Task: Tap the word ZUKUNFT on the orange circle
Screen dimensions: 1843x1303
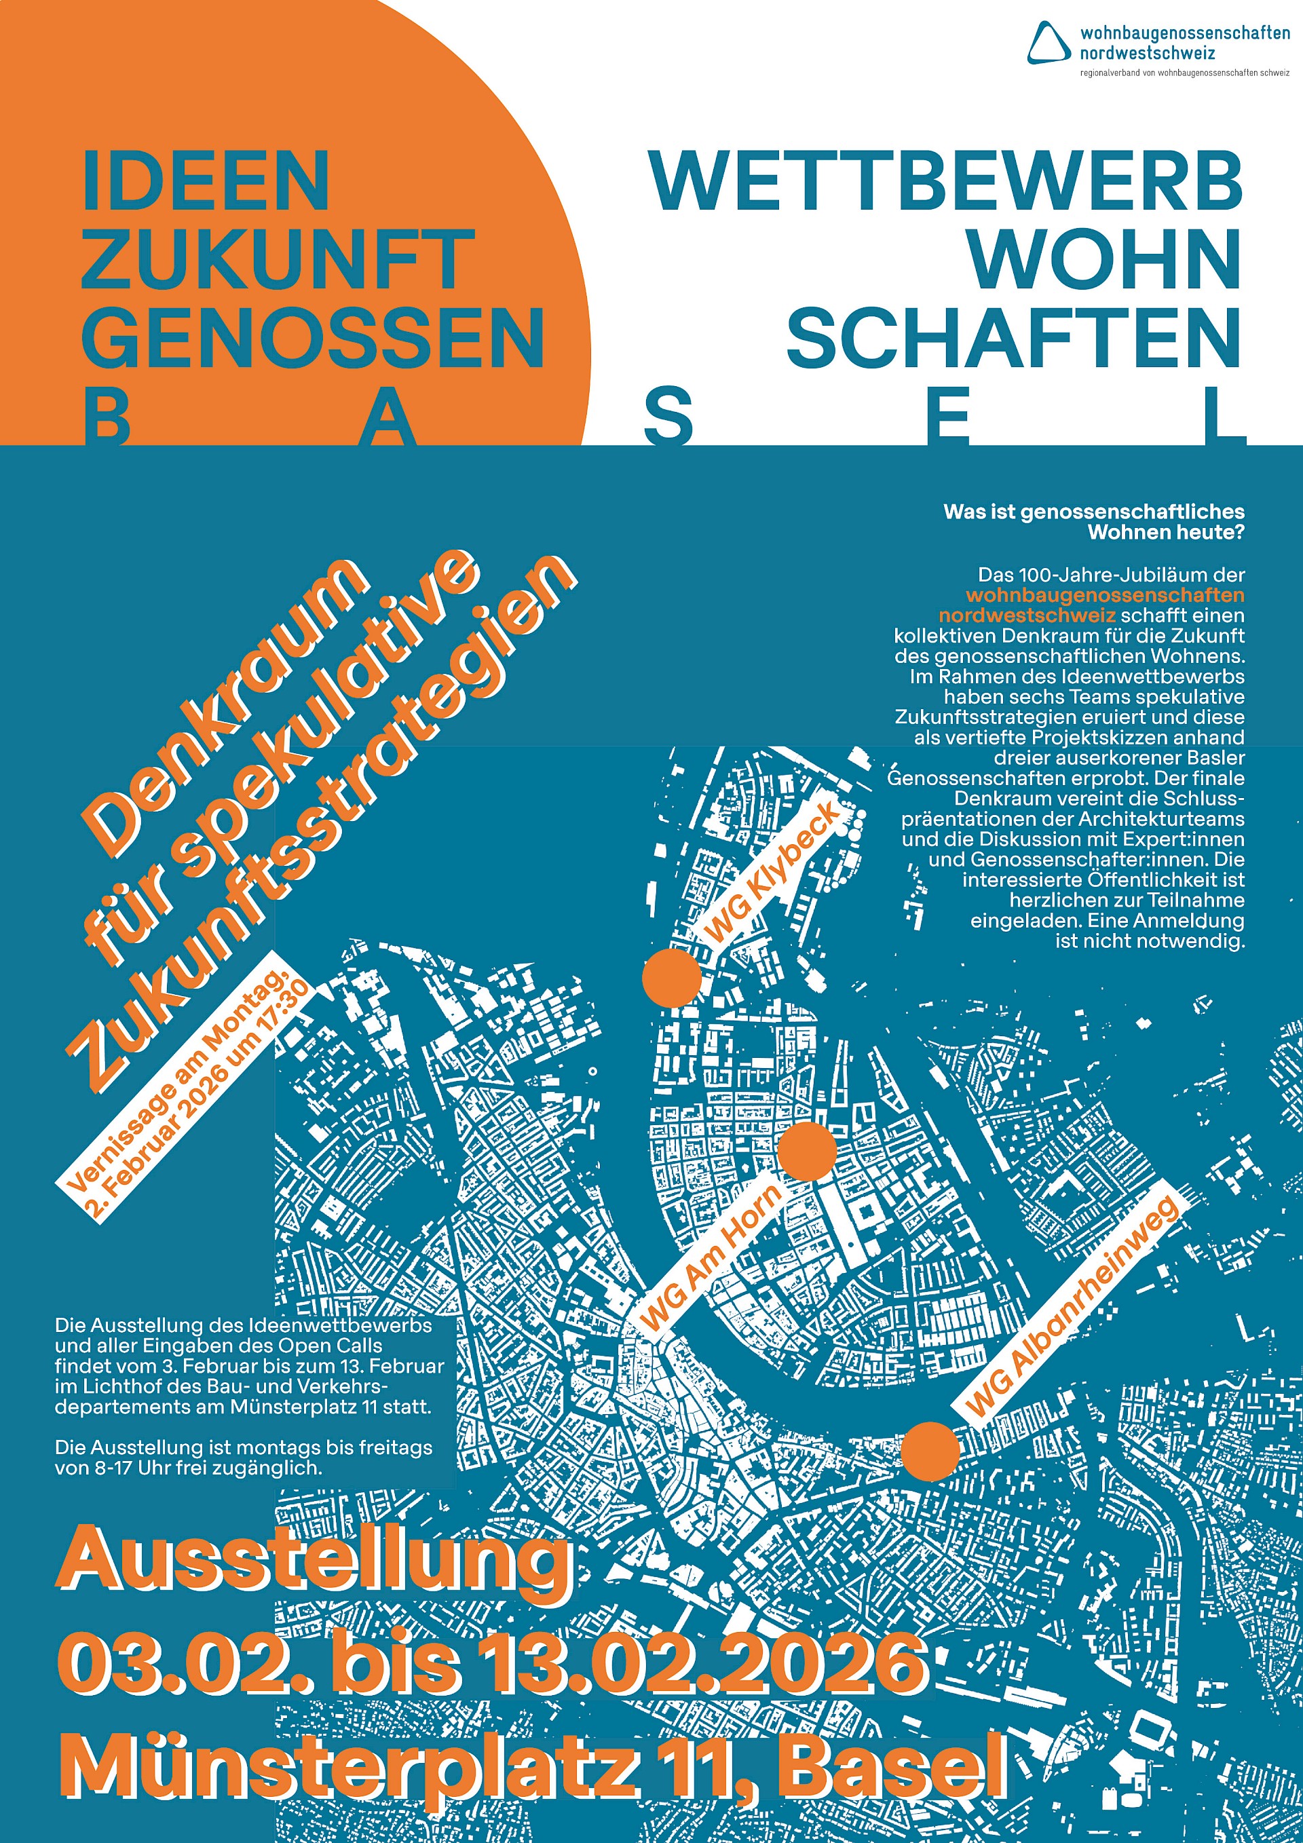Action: [277, 259]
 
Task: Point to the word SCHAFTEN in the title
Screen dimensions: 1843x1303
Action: [1014, 337]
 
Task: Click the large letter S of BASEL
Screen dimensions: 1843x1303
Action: [668, 418]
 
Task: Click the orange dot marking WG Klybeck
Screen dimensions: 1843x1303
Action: [672, 977]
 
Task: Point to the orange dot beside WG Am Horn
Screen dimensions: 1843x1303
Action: [807, 1151]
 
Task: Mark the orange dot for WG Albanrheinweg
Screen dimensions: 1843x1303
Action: [930, 1451]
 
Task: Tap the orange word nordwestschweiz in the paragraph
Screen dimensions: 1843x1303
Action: [1027, 615]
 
